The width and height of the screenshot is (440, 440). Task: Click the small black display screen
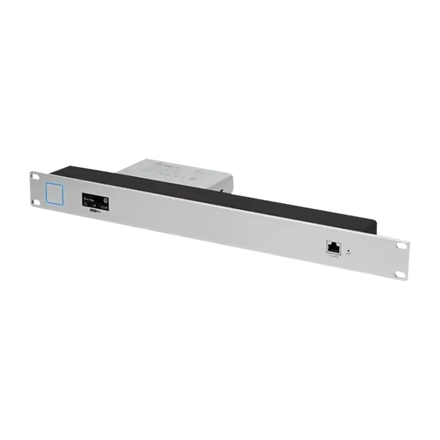coord(95,200)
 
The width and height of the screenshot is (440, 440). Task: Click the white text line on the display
coord(90,199)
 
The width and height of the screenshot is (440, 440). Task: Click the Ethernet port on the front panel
coord(333,248)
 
